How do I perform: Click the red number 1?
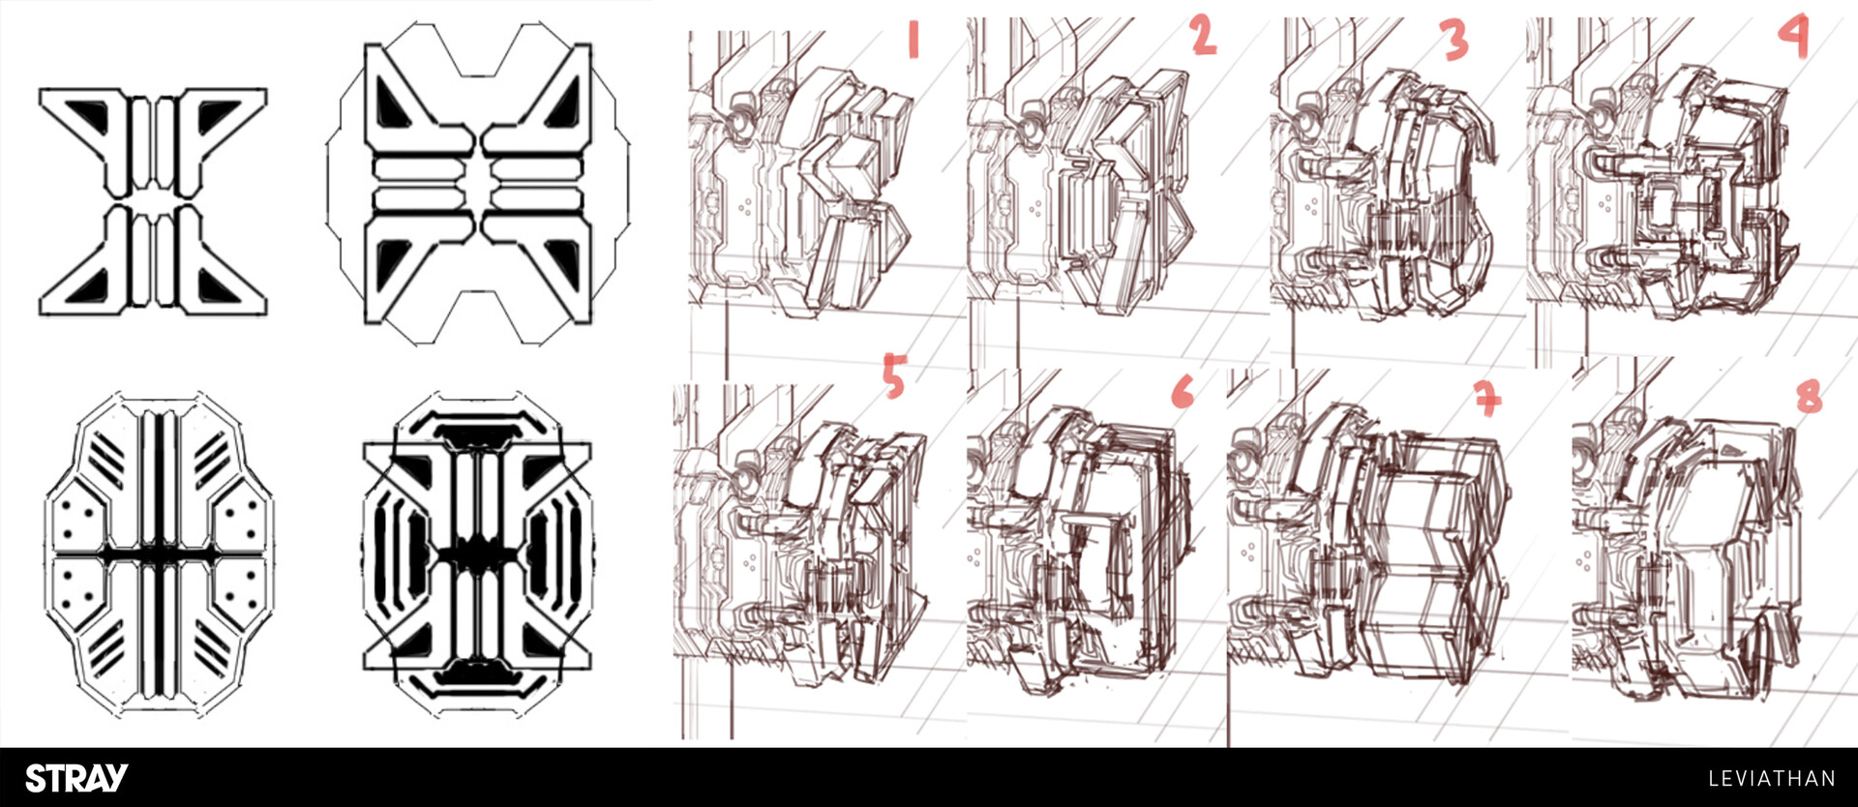tap(913, 40)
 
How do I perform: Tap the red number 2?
tap(1203, 36)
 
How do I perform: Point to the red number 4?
tap(1793, 38)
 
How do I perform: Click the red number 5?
tap(894, 376)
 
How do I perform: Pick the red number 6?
tap(1183, 392)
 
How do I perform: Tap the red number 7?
tap(1487, 397)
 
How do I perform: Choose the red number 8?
tap(1809, 396)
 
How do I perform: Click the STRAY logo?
tap(76, 778)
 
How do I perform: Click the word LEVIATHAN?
tap(1771, 779)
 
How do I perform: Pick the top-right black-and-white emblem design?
tap(478, 184)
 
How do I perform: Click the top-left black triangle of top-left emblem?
tap(95, 112)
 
